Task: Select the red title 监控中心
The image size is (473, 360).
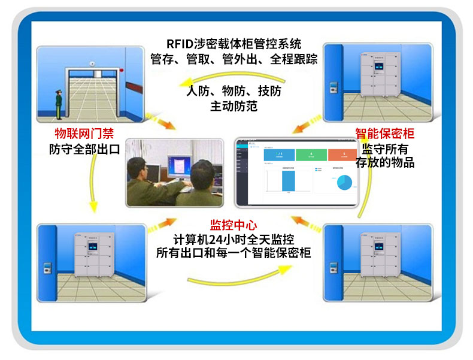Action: tap(234, 225)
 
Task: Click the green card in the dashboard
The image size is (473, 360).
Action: tap(311, 155)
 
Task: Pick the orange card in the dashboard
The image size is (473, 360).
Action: tap(344, 155)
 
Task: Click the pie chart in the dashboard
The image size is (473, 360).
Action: tap(342, 181)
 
